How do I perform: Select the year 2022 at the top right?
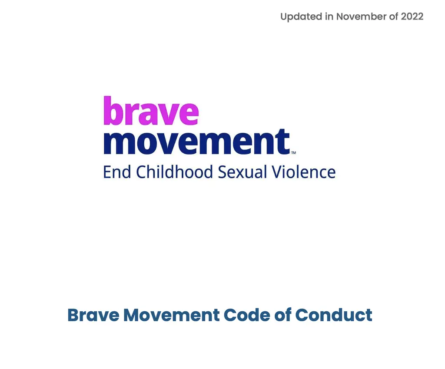click(x=412, y=17)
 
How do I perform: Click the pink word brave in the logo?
click(x=151, y=111)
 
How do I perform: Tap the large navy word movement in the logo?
click(x=196, y=142)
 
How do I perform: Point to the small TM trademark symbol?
click(x=293, y=153)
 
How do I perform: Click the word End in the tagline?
click(x=116, y=172)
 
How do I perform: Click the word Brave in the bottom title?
click(x=93, y=315)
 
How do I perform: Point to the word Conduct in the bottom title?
click(x=334, y=315)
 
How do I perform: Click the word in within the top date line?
click(x=329, y=17)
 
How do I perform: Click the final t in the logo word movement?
click(x=284, y=142)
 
